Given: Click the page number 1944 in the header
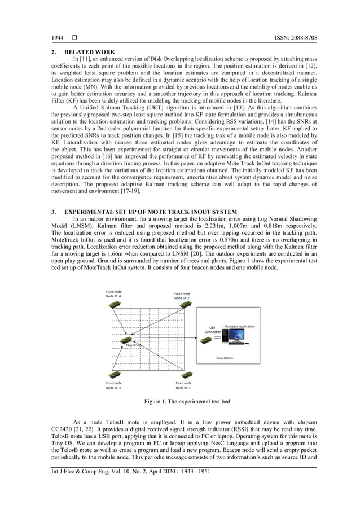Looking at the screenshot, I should (58, 38).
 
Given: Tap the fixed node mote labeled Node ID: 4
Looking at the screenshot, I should (115, 305).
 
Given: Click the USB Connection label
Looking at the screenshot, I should (212, 330).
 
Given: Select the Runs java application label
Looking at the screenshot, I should (240, 326).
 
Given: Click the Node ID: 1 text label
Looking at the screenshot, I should (183, 388).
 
